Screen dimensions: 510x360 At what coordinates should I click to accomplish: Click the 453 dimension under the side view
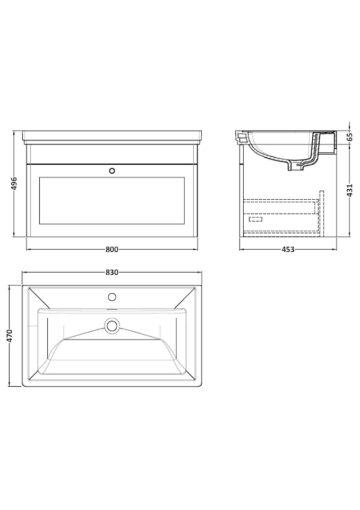(x=288, y=249)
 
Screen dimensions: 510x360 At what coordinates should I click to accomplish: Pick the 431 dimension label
(x=350, y=190)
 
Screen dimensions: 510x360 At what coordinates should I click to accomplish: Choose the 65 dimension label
(x=350, y=137)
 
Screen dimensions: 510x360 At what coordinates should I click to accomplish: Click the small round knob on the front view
(x=112, y=171)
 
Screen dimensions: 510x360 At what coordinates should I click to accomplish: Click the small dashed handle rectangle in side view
(x=255, y=218)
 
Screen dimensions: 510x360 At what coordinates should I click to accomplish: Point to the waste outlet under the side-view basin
(x=295, y=167)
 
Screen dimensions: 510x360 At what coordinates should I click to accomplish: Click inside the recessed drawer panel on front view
(x=112, y=200)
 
